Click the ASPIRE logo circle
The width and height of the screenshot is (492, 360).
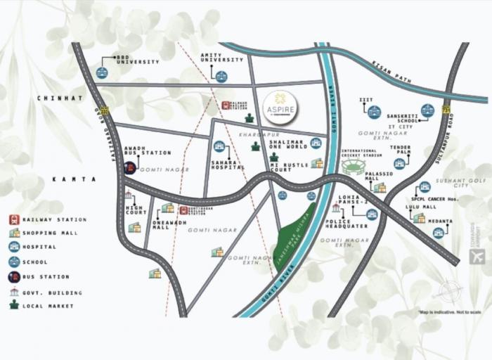[280, 107]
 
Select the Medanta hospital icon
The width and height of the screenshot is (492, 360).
[438, 232]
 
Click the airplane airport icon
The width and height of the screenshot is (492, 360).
[477, 257]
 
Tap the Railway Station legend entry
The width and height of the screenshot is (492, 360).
[46, 219]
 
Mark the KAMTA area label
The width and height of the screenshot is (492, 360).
[74, 179]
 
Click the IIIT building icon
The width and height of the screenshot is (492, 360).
[374, 112]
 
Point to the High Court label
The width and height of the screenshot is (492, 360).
[136, 209]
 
